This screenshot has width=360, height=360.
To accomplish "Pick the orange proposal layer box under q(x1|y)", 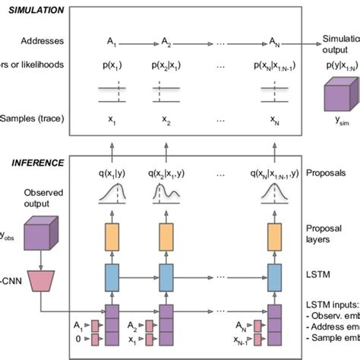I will [x=111, y=237].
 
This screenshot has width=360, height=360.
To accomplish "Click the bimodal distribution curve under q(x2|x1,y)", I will [x=169, y=199].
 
